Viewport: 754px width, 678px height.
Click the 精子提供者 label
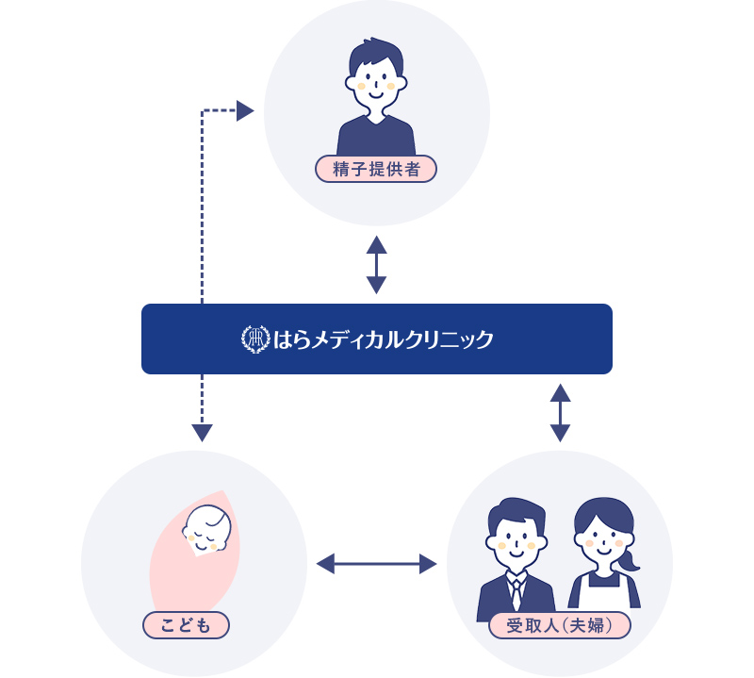coord(376,169)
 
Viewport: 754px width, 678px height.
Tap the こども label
coord(187,625)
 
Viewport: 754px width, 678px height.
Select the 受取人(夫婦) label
coord(560,625)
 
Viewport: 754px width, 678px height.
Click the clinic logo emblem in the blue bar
coord(255,339)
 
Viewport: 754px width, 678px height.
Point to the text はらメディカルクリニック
coord(383,339)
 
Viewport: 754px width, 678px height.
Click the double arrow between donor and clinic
coord(376,264)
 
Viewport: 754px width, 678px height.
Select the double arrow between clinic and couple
coord(560,412)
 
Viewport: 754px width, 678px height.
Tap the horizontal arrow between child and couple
coord(376,564)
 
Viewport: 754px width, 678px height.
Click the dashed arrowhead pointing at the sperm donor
coord(245,111)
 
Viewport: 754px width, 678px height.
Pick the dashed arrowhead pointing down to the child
coord(202,433)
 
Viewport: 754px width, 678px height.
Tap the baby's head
coord(206,530)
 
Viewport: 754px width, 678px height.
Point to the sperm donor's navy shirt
coord(376,137)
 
